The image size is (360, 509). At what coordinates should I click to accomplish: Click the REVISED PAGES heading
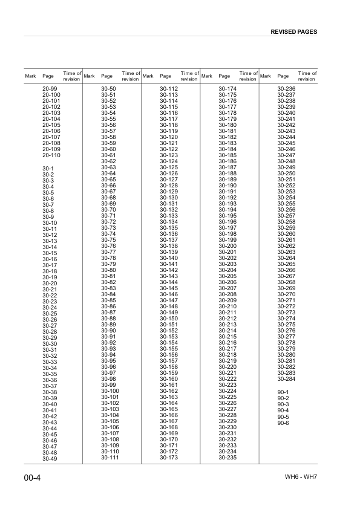(294, 31)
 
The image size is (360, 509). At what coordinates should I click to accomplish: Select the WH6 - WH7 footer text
(301, 478)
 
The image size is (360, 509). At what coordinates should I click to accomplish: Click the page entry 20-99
(50, 89)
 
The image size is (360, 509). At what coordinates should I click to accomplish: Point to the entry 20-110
(51, 155)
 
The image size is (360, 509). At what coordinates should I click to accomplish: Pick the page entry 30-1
(48, 168)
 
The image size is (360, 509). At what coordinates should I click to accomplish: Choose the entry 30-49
(50, 459)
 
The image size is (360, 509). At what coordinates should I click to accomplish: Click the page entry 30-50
(108, 89)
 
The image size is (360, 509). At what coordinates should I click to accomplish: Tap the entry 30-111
(110, 458)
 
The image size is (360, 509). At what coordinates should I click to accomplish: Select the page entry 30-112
(168, 89)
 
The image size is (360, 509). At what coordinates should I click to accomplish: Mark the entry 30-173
(168, 458)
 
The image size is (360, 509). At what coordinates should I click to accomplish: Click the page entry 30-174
(227, 89)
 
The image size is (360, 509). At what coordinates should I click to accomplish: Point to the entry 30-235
(227, 458)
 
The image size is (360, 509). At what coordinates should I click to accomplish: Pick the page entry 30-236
(286, 89)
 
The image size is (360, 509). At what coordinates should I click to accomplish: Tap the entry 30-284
(286, 379)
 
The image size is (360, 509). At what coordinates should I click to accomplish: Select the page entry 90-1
(283, 392)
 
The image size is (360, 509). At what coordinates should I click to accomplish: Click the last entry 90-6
(283, 423)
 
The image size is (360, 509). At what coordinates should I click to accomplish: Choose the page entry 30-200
(227, 246)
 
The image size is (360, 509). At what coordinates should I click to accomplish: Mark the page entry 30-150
(168, 319)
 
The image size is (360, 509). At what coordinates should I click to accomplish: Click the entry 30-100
(110, 391)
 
